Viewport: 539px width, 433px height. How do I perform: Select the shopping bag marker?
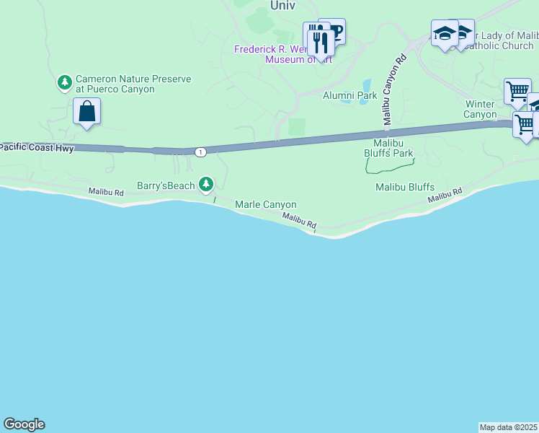point(86,112)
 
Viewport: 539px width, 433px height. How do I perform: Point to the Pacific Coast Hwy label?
point(37,147)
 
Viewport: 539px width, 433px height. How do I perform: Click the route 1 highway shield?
point(200,152)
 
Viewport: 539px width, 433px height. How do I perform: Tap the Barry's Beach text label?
point(166,185)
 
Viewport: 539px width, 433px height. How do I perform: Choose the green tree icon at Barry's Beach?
point(207,185)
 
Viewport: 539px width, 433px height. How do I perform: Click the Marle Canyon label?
point(266,205)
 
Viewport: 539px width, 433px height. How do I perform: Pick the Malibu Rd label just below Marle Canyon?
point(299,222)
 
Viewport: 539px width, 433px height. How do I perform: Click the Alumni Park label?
point(349,95)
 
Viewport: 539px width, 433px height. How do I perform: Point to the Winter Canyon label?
point(481,109)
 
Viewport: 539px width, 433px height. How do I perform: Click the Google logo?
point(24,424)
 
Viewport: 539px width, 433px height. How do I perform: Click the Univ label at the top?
point(283,5)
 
